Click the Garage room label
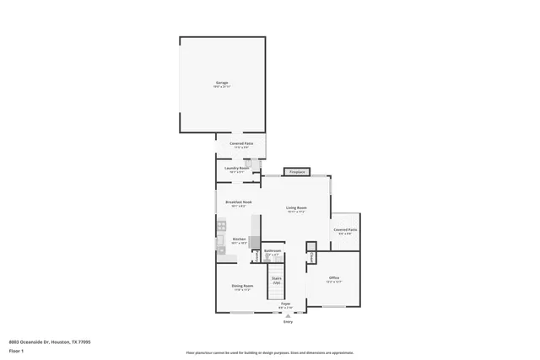click(221, 83)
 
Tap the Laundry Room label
click(237, 169)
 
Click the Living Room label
click(295, 208)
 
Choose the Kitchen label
click(239, 239)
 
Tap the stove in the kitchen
click(222, 225)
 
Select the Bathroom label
click(273, 250)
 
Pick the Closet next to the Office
click(310, 255)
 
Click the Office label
click(334, 278)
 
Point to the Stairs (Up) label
click(275, 280)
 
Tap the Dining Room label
click(242, 287)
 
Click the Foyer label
click(286, 304)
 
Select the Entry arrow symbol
click(288, 315)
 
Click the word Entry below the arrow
click(288, 321)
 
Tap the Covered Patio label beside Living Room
click(344, 230)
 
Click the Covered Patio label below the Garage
click(241, 144)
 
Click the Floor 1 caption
click(17, 349)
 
